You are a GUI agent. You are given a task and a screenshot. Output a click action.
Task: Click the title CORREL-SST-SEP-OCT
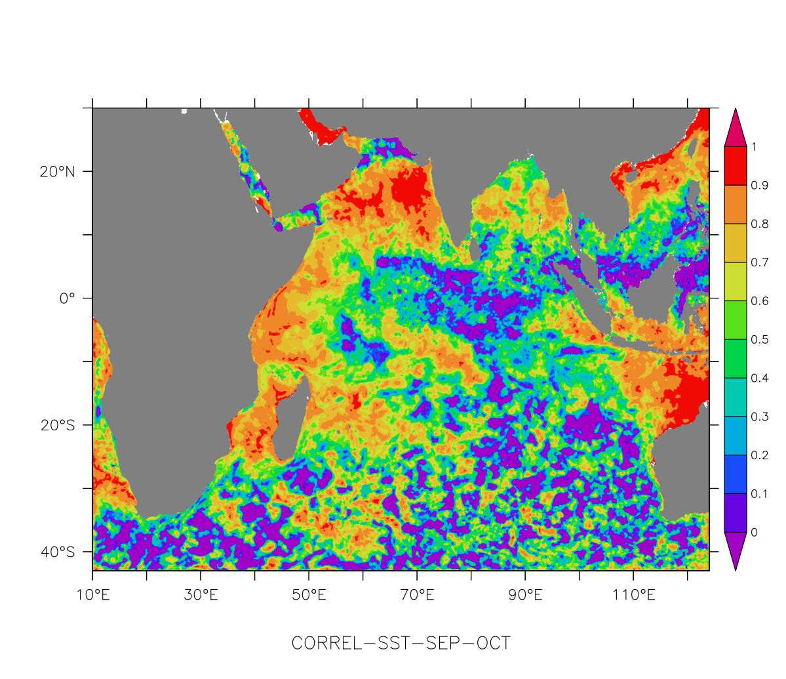point(401,643)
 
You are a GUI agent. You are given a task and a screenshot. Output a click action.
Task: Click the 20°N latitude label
point(57,172)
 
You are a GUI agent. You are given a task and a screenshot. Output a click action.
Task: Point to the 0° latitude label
point(67,299)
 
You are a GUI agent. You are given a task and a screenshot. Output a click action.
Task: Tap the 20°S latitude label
point(57,425)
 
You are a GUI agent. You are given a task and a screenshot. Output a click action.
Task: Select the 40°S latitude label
point(57,552)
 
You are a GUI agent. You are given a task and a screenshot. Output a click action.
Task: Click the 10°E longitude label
point(92,596)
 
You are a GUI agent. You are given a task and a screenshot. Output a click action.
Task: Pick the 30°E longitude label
point(201,596)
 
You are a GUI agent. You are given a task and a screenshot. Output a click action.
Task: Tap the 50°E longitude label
point(309,596)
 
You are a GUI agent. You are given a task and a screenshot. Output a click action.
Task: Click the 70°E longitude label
point(417,596)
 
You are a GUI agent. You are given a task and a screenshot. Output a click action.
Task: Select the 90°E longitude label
point(525,596)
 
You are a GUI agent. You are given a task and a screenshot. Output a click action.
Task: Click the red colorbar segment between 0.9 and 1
point(735,166)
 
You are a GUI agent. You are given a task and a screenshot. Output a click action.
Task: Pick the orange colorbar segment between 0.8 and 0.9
point(735,205)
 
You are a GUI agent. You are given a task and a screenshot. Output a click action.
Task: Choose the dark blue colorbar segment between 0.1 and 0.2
point(735,474)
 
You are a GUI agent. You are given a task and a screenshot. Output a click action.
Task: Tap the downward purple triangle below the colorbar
point(735,548)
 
